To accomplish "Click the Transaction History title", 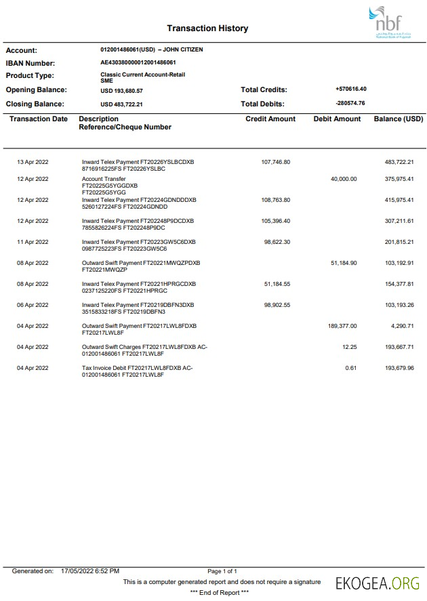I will click(207, 28).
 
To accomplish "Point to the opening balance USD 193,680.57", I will click(121, 90).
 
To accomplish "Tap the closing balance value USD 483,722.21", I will click(121, 104).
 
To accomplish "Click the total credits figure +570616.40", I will click(350, 89).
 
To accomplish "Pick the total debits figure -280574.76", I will click(350, 104).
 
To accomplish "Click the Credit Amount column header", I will click(270, 119).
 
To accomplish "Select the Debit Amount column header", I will click(337, 119).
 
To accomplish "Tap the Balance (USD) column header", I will click(398, 119).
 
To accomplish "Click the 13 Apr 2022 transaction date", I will click(33, 162).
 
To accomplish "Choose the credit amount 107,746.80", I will click(275, 162).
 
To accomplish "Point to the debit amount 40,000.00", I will click(343, 179).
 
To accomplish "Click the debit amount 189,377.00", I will click(342, 326).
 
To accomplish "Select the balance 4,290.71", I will click(402, 326).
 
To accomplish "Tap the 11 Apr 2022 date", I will click(33, 242).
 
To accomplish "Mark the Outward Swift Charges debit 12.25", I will click(349, 347).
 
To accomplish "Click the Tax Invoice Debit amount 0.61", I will click(350, 368).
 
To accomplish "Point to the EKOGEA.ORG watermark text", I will click(378, 582).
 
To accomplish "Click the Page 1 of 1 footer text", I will click(222, 571).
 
